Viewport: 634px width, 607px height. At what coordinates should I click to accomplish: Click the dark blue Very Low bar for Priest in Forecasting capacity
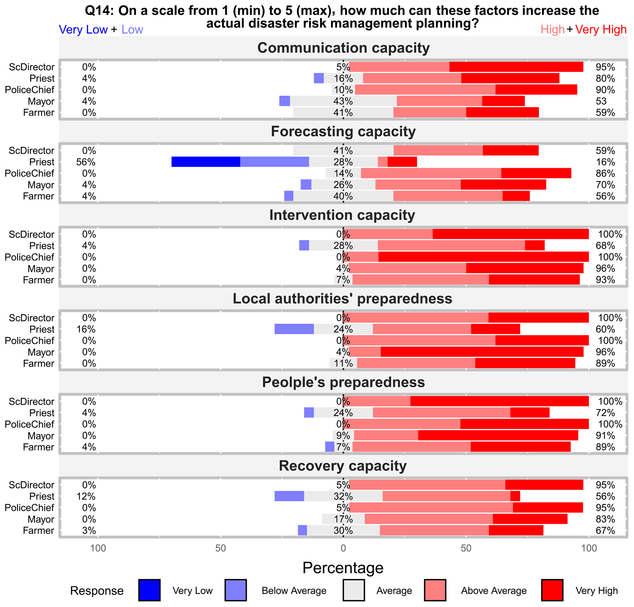[x=206, y=161]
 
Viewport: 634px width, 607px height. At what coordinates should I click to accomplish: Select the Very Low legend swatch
[x=149, y=590]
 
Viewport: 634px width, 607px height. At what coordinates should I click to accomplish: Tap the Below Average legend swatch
[x=236, y=590]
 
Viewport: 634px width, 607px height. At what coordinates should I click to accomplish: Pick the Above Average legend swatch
[x=435, y=590]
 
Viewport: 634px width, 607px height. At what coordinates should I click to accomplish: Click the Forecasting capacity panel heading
[x=343, y=131]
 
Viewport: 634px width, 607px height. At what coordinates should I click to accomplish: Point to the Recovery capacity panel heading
[x=343, y=466]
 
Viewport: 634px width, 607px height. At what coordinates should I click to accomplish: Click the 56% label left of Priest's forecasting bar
[x=86, y=162]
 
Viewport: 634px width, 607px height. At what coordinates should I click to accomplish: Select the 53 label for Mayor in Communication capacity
[x=601, y=101]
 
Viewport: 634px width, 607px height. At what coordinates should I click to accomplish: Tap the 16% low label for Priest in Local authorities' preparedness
[x=86, y=329]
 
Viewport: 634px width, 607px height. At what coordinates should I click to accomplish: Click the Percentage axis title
[x=343, y=567]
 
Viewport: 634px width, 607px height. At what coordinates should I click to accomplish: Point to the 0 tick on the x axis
[x=343, y=548]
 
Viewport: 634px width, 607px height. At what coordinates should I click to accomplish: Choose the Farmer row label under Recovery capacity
[x=38, y=530]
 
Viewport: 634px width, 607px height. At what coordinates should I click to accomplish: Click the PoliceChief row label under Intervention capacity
[x=29, y=257]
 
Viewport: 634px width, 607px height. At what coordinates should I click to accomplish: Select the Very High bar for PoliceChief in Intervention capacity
[x=483, y=257]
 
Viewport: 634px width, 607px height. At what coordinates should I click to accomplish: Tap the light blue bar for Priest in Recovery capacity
[x=289, y=496]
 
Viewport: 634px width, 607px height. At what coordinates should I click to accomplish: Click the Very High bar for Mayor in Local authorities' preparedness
[x=482, y=352]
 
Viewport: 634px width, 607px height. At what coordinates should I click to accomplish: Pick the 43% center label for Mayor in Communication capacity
[x=343, y=101]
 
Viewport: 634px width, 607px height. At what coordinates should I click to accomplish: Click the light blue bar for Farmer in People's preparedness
[x=330, y=447]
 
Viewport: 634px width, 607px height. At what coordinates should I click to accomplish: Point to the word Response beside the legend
[x=97, y=590]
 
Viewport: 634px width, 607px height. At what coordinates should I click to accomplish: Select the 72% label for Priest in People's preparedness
[x=605, y=413]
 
